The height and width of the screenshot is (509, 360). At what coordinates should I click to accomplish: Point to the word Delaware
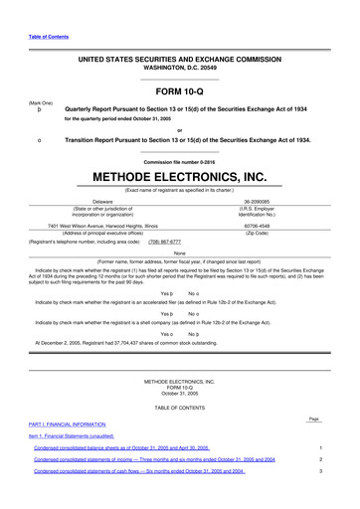102,201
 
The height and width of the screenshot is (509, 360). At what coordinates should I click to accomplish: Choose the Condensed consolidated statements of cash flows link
139,471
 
